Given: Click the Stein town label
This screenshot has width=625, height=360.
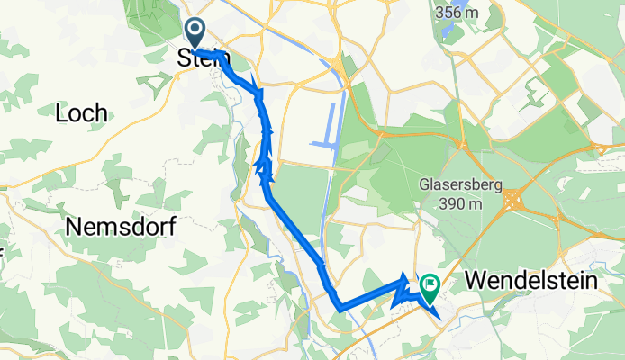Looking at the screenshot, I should pyautogui.click(x=204, y=58).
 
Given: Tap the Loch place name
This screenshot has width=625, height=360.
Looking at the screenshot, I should pyautogui.click(x=81, y=113).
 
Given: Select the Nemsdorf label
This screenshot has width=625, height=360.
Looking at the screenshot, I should pyautogui.click(x=119, y=229).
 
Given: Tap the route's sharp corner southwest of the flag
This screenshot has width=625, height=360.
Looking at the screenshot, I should pyautogui.click(x=340, y=309).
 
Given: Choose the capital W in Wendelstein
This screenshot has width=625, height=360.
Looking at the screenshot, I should pyautogui.click(x=477, y=282).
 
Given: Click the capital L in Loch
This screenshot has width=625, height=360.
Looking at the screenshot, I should pyautogui.click(x=61, y=113).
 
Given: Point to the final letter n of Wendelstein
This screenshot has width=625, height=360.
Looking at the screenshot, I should pyautogui.click(x=592, y=282).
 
